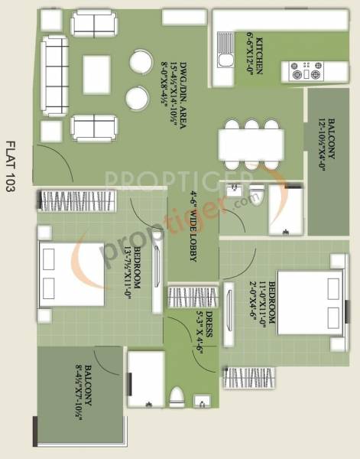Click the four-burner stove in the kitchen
click(308, 71)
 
